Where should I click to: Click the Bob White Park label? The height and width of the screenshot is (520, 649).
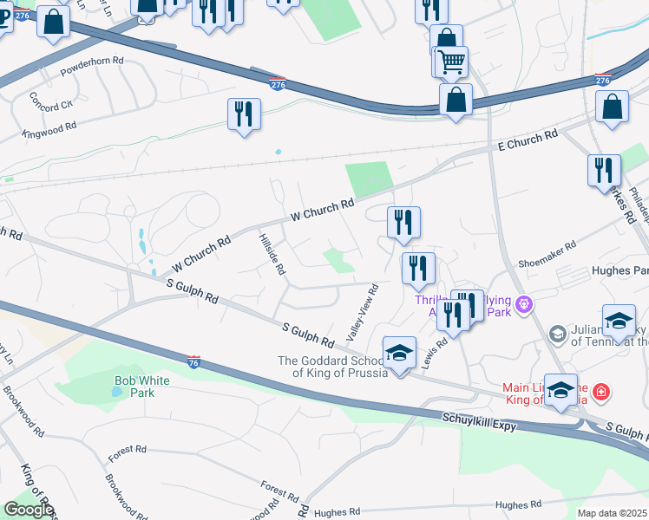134,386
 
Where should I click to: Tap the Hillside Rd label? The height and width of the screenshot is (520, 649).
272,253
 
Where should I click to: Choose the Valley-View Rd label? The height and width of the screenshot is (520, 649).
363,311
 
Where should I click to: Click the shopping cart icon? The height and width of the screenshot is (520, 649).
451,62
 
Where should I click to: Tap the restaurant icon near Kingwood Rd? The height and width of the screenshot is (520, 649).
244,114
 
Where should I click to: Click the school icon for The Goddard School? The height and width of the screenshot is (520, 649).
399,353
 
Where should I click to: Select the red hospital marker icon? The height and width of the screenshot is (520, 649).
599,393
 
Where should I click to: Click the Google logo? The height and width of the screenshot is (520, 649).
28,510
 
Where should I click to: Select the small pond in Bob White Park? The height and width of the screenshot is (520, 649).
117,392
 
